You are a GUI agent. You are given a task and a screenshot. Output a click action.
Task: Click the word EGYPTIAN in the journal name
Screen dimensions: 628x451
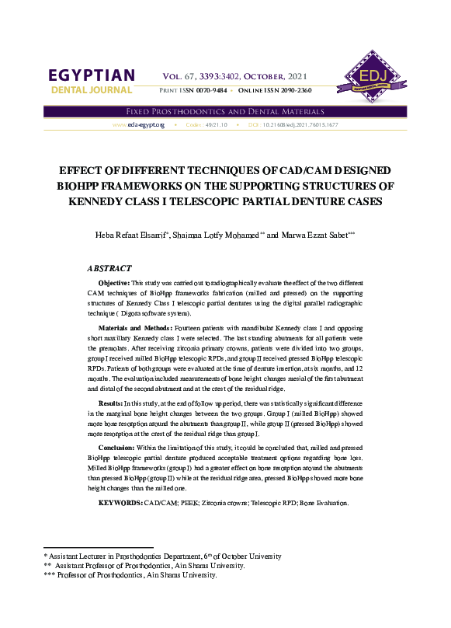pyautogui.click(x=92, y=76)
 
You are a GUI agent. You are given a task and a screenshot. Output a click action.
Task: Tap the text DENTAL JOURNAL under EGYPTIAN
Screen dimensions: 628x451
pyautogui.click(x=92, y=92)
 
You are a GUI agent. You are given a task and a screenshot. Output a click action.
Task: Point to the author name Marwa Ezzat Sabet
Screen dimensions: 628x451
pyautogui.click(x=317, y=235)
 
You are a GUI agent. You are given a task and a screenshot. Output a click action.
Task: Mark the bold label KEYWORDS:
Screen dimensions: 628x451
pyautogui.click(x=120, y=504)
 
